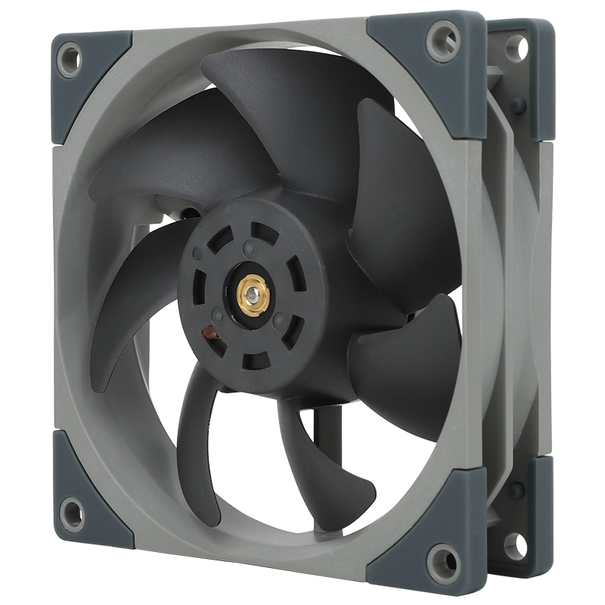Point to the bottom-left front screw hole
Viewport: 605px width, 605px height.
[x=73, y=513]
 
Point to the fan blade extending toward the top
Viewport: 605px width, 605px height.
[x=287, y=113]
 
